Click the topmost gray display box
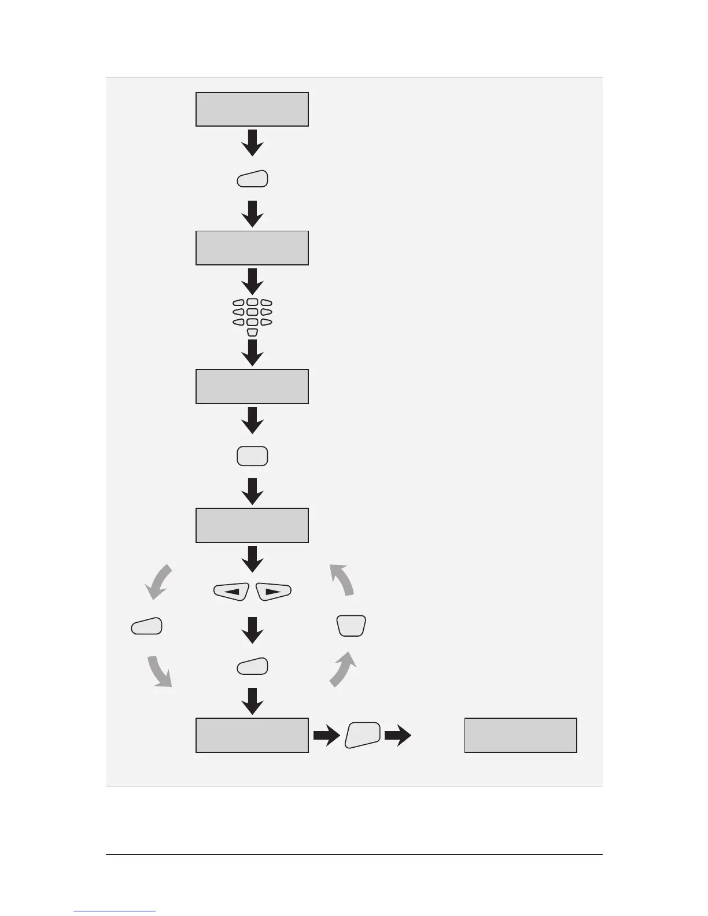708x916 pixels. [252, 109]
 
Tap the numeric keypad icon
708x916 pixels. [252, 317]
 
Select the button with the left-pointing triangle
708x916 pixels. [231, 592]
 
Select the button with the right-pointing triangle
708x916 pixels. [274, 592]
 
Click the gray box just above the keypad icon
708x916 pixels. [252, 248]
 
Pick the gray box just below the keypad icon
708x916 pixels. [252, 386]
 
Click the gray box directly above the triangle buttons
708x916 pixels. [252, 525]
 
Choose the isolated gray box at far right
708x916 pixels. [521, 735]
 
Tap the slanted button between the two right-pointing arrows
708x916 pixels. [363, 735]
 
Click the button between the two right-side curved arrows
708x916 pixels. [351, 626]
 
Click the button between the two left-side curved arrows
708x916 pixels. [147, 626]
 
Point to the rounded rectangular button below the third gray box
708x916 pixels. [252, 456]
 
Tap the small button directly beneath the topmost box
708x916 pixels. [252, 179]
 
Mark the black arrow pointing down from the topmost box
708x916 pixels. [252, 143]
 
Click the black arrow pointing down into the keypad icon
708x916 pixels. [252, 282]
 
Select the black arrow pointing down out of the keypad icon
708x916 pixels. [252, 353]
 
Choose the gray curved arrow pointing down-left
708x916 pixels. [158, 582]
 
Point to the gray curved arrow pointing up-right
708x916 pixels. [343, 668]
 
